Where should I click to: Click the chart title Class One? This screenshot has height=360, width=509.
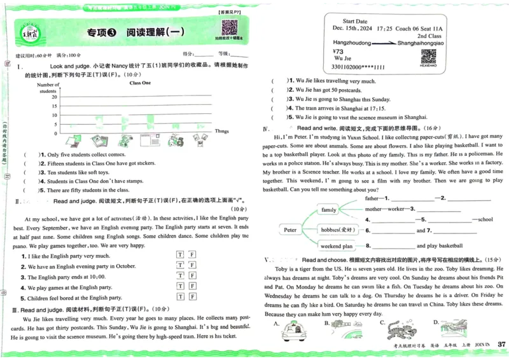pyautogui.click(x=140, y=83)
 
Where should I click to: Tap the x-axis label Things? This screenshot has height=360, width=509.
pyautogui.click(x=221, y=131)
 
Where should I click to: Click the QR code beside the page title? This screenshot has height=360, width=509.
pyautogui.click(x=229, y=28)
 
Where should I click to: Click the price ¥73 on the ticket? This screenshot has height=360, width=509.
pyautogui.click(x=338, y=52)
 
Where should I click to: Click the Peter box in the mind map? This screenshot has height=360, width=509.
pyautogui.click(x=291, y=230)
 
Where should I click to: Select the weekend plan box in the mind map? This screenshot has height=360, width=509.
pyautogui.click(x=337, y=246)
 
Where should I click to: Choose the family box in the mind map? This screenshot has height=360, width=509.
pyautogui.click(x=329, y=209)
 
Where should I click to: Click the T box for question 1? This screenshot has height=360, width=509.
pyautogui.click(x=180, y=255)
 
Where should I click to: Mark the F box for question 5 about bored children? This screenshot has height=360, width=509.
pyautogui.click(x=192, y=297)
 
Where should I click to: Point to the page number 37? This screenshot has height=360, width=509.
pyautogui.click(x=501, y=345)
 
